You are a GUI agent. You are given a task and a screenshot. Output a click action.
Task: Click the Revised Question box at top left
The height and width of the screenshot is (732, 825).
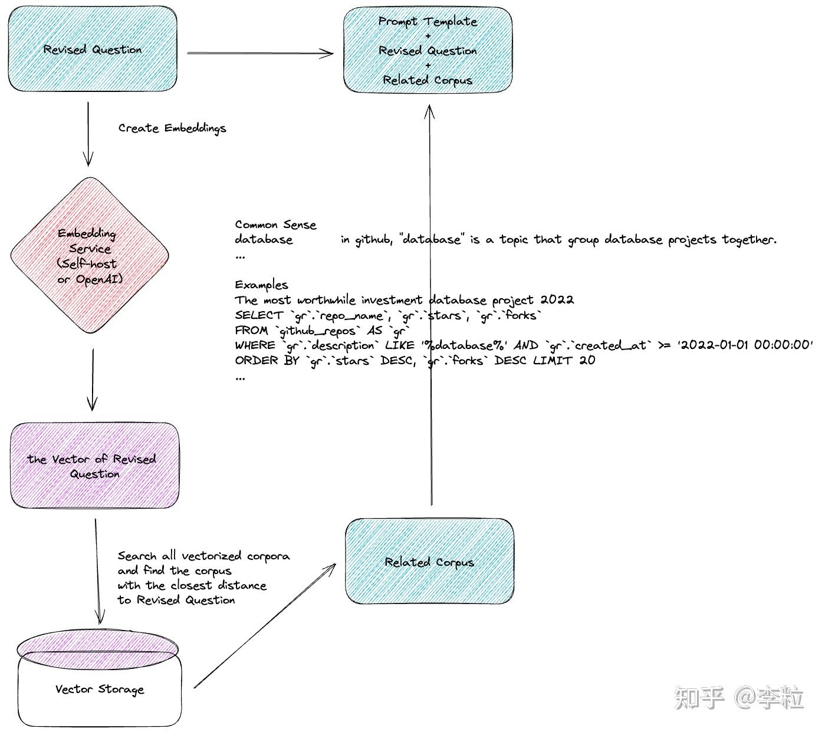[x=93, y=49]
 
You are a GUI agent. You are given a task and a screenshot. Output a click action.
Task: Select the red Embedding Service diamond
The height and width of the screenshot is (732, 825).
[x=90, y=255]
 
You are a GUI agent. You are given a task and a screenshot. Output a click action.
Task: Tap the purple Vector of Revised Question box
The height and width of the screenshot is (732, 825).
[x=94, y=466]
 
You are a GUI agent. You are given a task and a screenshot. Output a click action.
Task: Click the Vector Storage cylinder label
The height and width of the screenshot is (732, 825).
[x=100, y=689]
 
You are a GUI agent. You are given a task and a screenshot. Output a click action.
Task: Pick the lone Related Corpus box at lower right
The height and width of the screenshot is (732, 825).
[x=429, y=562]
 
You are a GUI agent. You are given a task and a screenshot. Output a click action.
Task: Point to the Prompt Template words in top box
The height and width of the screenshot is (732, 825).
[x=428, y=22]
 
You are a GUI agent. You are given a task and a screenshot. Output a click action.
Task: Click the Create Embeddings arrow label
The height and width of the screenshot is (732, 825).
[x=172, y=128]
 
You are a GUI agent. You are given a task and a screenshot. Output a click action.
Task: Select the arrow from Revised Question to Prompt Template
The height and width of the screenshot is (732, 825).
[x=260, y=53]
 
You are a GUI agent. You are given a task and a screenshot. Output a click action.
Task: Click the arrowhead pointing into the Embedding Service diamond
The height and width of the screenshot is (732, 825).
[x=88, y=159]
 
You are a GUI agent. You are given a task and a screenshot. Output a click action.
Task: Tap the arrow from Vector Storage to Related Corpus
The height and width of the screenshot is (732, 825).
[x=265, y=626]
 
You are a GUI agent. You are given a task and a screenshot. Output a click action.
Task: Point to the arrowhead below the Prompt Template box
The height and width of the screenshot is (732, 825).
[x=429, y=111]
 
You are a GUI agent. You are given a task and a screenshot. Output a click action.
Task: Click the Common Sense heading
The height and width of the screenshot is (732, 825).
[x=275, y=225]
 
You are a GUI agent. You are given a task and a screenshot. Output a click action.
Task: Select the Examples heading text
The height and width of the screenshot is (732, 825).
[x=261, y=285]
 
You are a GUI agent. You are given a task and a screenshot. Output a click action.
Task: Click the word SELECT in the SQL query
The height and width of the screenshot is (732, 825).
[x=259, y=315]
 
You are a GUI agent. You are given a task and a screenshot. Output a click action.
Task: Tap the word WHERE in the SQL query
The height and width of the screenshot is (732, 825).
[x=255, y=345]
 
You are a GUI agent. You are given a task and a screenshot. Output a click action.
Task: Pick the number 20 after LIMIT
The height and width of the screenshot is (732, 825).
[x=587, y=360]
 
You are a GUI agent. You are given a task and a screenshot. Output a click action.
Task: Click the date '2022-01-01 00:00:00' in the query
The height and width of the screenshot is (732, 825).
[x=745, y=345]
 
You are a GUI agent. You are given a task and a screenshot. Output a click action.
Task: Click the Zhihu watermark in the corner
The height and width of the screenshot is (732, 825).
[x=739, y=697]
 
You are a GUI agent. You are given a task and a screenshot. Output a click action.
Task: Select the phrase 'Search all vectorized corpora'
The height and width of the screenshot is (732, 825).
[x=203, y=556]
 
